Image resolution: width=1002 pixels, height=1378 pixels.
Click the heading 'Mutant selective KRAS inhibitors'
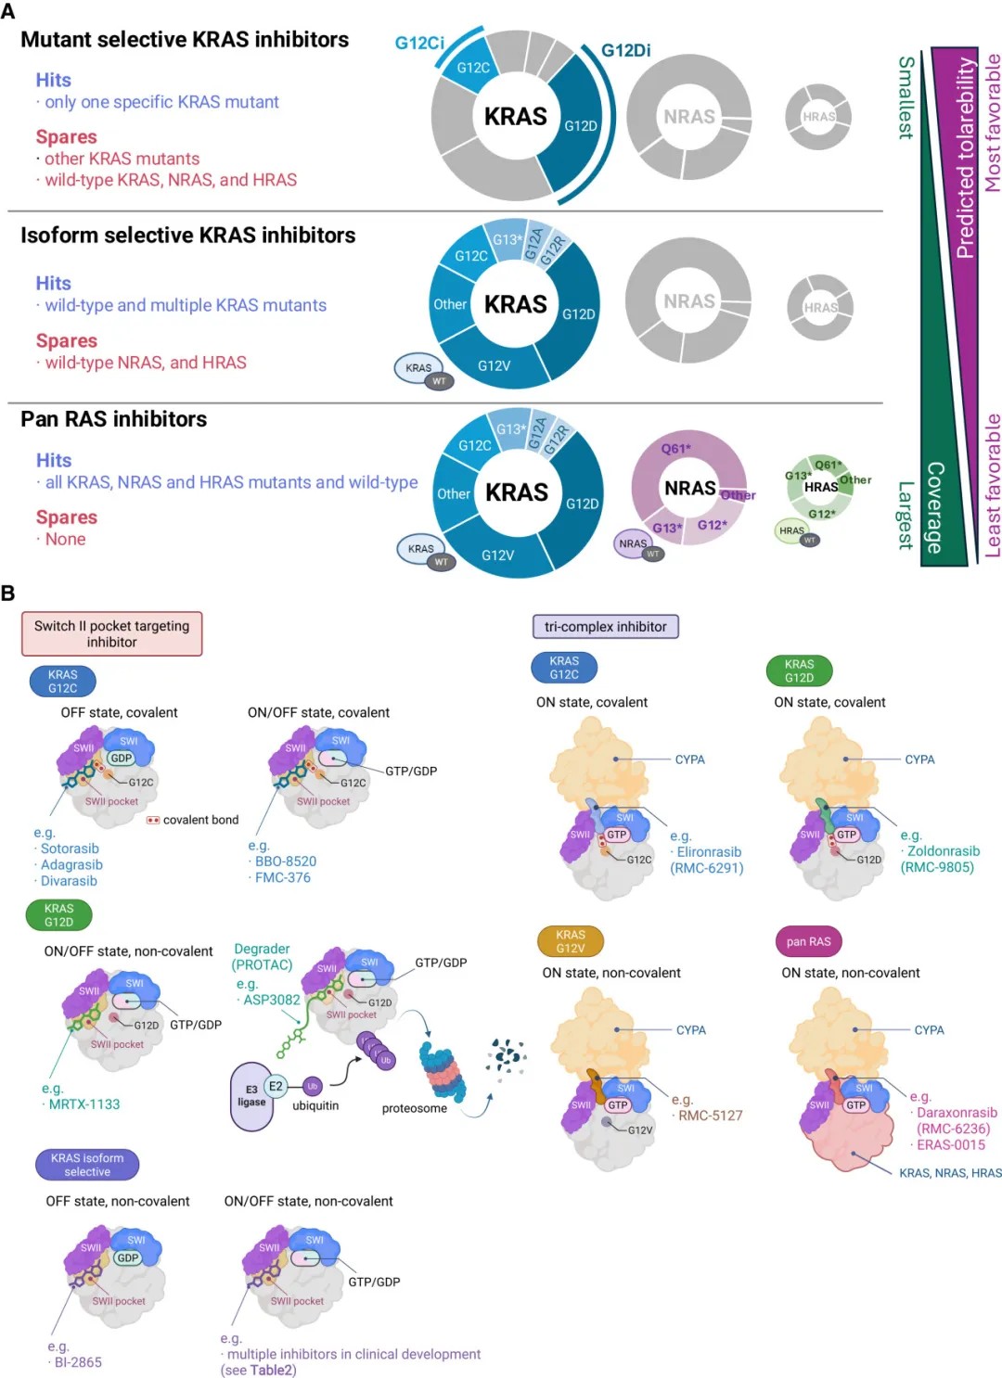[x=185, y=40]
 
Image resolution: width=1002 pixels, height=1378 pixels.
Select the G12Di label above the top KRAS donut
[x=625, y=50]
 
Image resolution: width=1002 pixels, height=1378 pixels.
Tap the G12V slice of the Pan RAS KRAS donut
[x=497, y=555]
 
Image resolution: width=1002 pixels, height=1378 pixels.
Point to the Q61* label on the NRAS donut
[x=675, y=449]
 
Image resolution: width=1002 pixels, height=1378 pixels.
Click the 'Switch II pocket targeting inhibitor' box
[x=112, y=633]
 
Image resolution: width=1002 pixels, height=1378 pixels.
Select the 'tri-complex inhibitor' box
[x=605, y=627]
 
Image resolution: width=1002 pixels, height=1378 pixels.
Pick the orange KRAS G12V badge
[x=571, y=941]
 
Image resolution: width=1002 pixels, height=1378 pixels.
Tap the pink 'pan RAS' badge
[x=808, y=941]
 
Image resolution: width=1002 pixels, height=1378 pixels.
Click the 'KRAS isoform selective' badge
[x=87, y=1165]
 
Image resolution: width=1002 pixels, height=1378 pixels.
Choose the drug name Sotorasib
[x=70, y=848]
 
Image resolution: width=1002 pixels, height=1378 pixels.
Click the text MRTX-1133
[x=84, y=1104]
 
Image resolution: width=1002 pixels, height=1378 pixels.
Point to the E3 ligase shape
[x=250, y=1096]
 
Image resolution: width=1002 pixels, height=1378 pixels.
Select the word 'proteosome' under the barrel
[x=414, y=1108]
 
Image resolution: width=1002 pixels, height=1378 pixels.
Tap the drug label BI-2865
[x=78, y=1362]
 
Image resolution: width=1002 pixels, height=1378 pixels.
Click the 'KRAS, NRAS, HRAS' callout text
[x=950, y=1173]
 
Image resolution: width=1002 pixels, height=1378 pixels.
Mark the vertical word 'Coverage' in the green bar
[x=935, y=507]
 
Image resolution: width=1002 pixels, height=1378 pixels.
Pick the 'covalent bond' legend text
[x=200, y=820]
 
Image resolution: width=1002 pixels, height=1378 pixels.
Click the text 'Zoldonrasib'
[x=943, y=851]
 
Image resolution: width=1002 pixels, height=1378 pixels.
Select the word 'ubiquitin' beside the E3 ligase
[x=315, y=1105]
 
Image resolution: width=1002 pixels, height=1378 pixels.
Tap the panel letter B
[x=8, y=593]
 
